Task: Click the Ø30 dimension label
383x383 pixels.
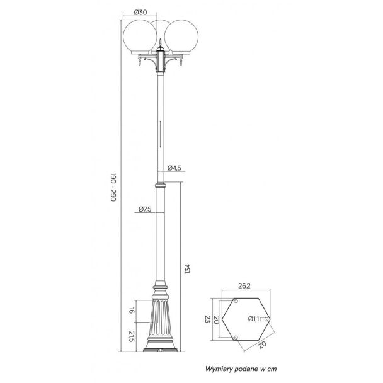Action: pyautogui.click(x=140, y=12)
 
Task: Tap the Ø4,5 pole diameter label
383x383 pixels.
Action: pyautogui.click(x=174, y=168)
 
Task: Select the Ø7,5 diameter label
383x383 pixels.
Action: pyautogui.click(x=145, y=209)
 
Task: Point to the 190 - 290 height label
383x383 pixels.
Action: pyautogui.click(x=113, y=187)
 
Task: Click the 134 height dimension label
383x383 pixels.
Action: pyautogui.click(x=187, y=269)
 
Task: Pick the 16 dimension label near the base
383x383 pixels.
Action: pyautogui.click(x=132, y=311)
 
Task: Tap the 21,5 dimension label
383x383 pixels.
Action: pyautogui.click(x=132, y=336)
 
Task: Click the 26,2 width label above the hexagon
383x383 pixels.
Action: pyautogui.click(x=244, y=286)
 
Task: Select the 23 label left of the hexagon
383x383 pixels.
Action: pyautogui.click(x=207, y=319)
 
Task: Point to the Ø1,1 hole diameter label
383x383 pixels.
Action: pyautogui.click(x=253, y=319)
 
